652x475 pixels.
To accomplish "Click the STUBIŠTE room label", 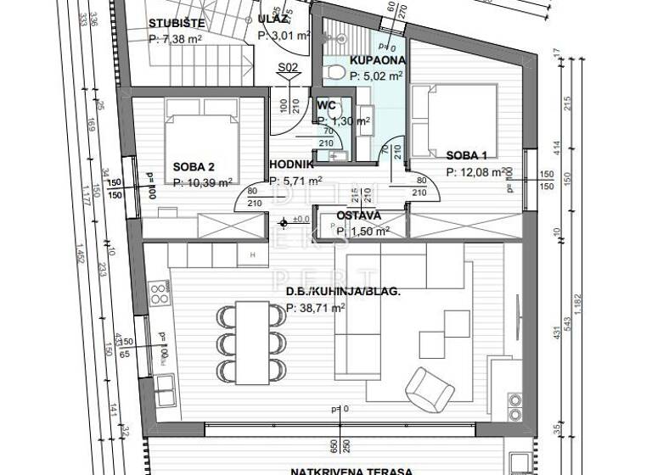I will point(177,23).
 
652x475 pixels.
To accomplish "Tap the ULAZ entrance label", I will point(276,19).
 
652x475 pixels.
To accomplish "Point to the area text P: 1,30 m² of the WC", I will point(343,121).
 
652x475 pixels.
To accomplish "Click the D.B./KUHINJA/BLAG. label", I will point(342,292).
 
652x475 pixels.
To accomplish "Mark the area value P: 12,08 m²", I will point(476,172).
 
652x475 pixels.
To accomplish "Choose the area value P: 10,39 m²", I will point(203,182).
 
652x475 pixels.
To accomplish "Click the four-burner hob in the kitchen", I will point(158,294).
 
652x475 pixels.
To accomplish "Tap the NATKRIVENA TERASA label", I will point(351,470).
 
